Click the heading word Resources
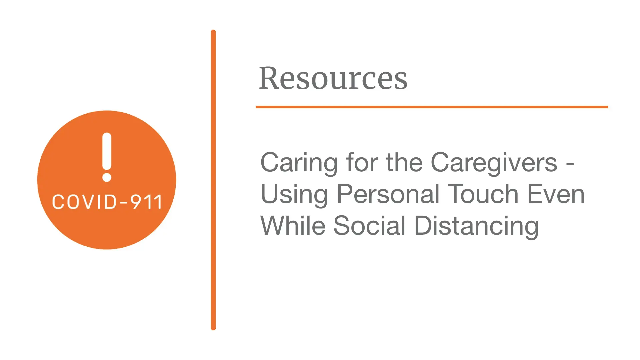(333, 79)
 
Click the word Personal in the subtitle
(388, 195)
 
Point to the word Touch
(483, 194)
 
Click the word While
(293, 226)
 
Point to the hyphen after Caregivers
(570, 164)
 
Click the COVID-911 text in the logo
(107, 202)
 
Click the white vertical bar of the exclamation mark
(107, 151)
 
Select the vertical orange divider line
(213, 180)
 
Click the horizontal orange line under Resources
(432, 107)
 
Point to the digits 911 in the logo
(146, 202)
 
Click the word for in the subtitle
(362, 163)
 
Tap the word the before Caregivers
(404, 163)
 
